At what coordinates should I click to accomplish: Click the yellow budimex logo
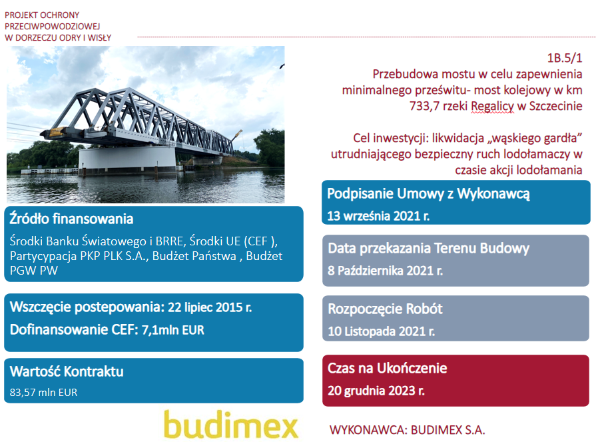230,424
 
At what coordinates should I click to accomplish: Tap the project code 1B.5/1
565,58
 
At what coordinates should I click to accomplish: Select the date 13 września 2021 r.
378,216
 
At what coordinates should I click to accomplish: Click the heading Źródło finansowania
71,219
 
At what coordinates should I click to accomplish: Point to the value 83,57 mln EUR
43,392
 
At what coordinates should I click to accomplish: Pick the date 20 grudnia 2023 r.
376,391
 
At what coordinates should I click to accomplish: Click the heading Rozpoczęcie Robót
385,309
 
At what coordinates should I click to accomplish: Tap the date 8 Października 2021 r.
385,271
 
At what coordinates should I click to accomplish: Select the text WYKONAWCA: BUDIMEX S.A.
407,430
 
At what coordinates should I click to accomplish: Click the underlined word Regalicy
492,106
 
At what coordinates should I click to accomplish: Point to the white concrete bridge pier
127,160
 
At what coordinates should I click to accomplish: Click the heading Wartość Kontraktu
67,371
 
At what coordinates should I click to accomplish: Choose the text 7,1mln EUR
173,330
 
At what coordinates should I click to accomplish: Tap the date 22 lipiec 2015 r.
210,307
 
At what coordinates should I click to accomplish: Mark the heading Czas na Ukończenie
387,368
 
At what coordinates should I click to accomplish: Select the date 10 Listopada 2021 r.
382,331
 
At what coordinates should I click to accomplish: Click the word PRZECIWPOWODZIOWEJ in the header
53,26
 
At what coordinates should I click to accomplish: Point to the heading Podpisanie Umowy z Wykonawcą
428,193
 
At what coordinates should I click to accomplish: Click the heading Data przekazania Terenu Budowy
428,249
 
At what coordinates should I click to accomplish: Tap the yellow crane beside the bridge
237,135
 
